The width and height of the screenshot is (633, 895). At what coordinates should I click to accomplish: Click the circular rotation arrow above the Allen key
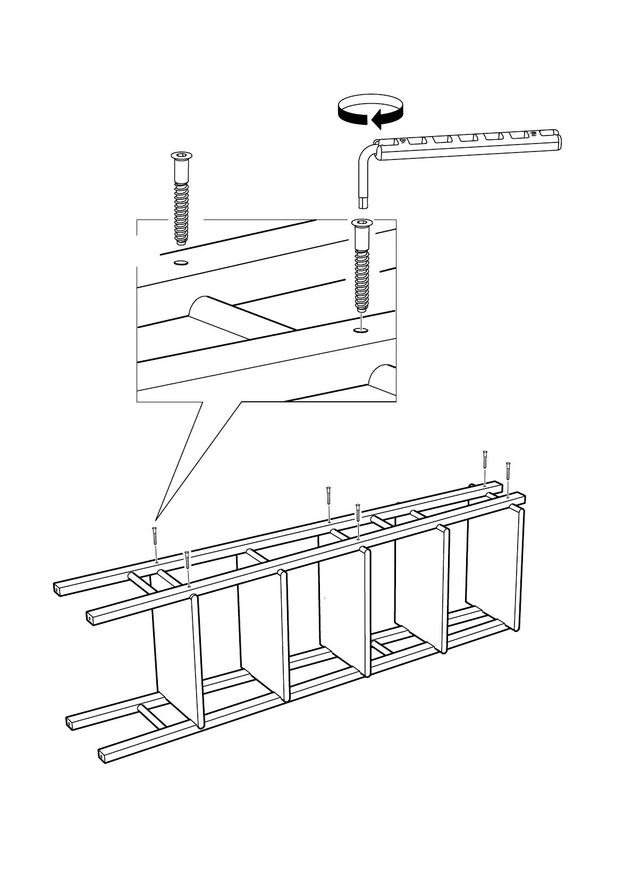[370, 110]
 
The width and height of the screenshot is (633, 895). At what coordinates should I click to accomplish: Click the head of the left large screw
[181, 157]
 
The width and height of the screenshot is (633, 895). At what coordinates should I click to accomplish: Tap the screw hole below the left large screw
[181, 263]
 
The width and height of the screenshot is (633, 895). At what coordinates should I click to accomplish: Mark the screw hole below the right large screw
[361, 331]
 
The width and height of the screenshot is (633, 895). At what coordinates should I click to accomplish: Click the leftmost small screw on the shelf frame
[155, 542]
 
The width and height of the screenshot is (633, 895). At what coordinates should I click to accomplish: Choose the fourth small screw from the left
[358, 519]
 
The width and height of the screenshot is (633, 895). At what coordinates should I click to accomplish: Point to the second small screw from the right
[485, 466]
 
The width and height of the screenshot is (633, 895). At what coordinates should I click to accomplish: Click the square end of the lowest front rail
[102, 755]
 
